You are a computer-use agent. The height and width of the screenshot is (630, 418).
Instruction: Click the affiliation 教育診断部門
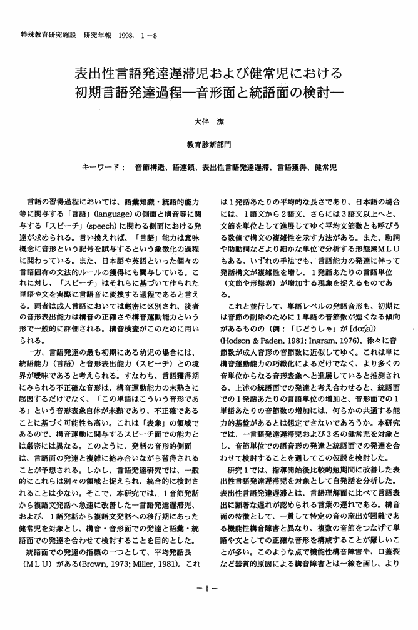pos(208,147)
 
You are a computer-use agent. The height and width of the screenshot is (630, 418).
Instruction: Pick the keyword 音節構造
pos(150,169)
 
